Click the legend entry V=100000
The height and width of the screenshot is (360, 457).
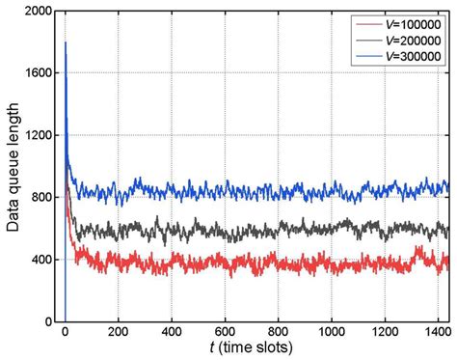[412, 23]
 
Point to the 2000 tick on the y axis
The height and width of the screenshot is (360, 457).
[37, 11]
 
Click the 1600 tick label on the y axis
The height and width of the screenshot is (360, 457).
[37, 73]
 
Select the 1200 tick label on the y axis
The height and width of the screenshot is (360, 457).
[37, 136]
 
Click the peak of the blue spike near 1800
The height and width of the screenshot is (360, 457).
[66, 42]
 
